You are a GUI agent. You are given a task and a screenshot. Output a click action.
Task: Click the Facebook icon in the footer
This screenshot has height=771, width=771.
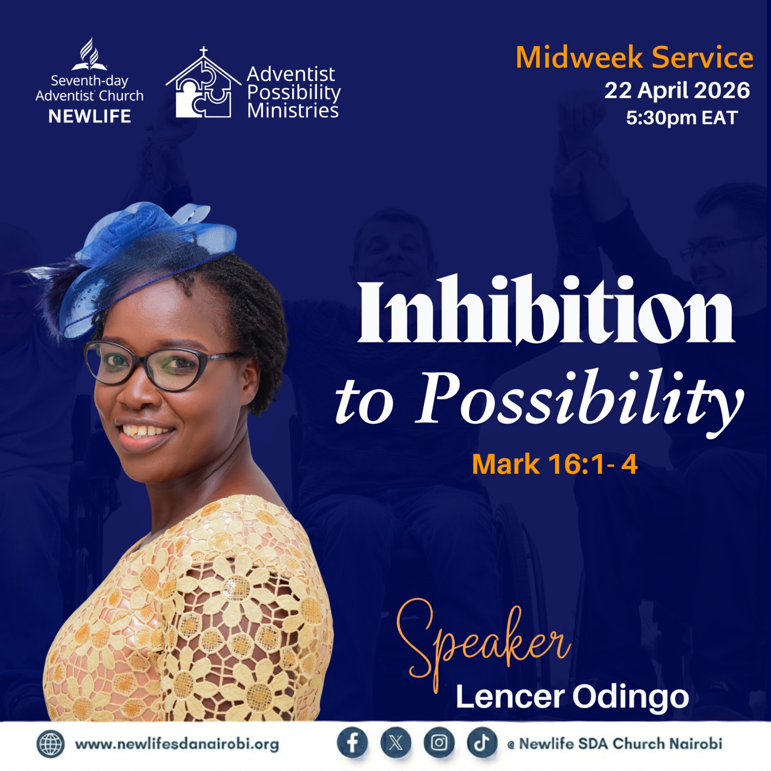tap(352, 743)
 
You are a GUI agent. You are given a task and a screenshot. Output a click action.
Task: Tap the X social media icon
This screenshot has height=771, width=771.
tap(396, 743)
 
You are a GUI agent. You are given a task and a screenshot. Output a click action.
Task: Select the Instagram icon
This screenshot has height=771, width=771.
tap(439, 743)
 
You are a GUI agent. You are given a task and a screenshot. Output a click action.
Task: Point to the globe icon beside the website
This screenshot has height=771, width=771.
tap(50, 744)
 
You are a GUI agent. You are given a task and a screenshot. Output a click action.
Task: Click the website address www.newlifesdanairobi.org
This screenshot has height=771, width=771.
tap(177, 744)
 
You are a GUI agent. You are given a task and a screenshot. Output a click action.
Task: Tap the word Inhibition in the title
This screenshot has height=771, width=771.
tap(546, 311)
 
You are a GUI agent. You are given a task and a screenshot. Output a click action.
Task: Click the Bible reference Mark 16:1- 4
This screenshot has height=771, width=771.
tap(555, 465)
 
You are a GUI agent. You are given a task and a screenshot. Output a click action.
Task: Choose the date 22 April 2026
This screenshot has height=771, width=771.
tap(677, 90)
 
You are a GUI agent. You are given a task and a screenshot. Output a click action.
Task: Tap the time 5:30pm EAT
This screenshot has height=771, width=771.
tap(682, 118)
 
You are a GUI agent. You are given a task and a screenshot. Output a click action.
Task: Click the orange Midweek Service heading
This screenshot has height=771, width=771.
tap(635, 58)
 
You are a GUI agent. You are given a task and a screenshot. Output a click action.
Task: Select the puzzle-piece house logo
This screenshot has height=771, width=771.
tap(203, 83)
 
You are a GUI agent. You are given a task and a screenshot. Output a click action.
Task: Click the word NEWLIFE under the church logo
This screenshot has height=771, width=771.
tap(90, 116)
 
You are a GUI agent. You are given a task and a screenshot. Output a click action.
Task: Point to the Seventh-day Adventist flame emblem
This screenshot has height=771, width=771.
tap(90, 54)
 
